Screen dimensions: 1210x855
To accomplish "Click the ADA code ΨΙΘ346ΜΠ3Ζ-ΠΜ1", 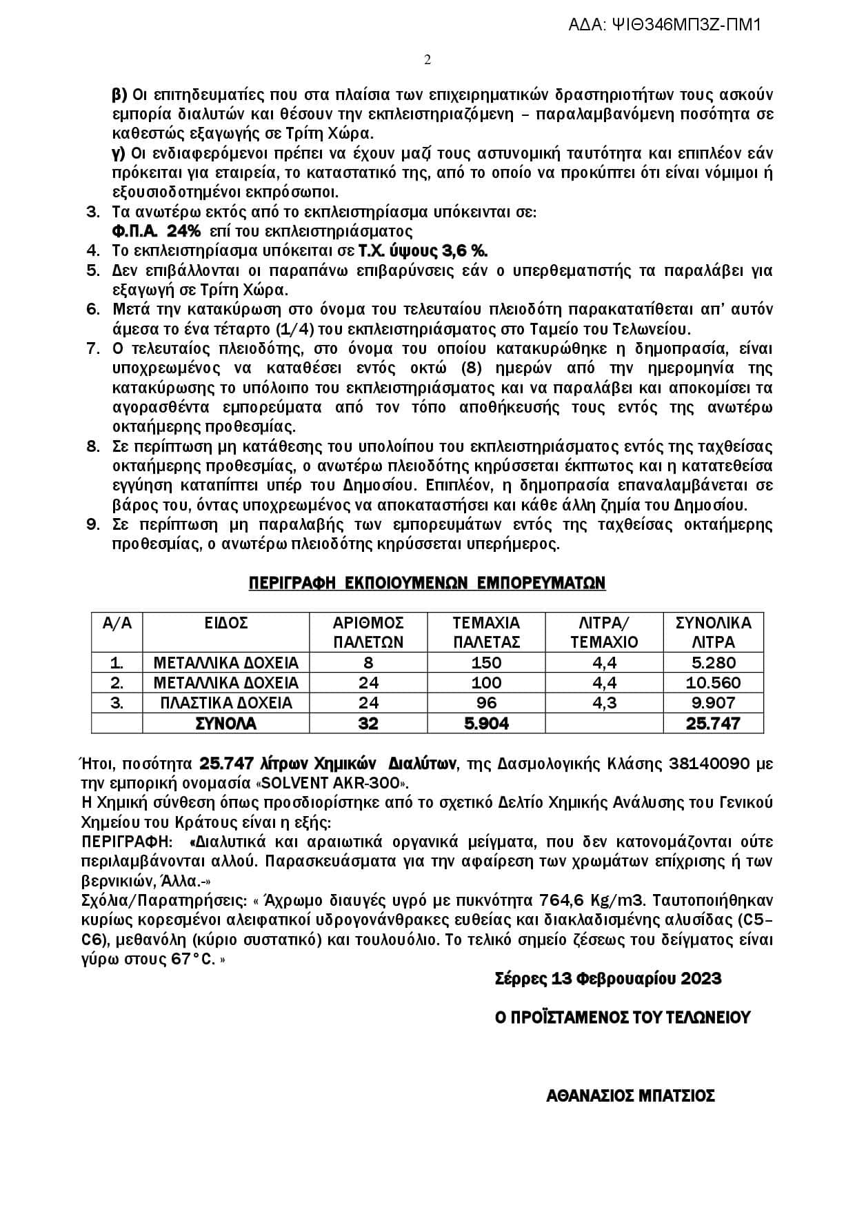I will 665,26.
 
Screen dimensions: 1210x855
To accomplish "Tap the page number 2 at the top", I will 428,60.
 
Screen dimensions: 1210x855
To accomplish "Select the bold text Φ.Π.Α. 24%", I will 156,231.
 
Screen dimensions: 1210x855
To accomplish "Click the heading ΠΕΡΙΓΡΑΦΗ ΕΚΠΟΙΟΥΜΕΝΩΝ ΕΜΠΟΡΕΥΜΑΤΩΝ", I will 427,583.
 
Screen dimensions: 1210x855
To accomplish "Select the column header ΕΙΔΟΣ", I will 225,623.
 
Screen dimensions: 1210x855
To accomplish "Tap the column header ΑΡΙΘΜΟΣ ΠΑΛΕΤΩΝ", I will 368,632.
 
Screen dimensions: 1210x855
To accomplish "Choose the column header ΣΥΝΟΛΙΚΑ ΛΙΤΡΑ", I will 713,632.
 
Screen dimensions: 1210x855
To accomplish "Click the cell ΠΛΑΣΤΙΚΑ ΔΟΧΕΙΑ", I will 225,702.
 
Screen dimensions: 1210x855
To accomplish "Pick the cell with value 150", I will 485,663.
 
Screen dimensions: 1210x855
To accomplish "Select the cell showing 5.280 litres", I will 713,663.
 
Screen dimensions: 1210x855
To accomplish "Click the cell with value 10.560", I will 713,683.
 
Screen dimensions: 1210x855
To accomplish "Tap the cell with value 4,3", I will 603,702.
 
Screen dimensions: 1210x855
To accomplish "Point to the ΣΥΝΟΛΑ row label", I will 225,723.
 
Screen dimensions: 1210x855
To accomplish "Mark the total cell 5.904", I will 485,723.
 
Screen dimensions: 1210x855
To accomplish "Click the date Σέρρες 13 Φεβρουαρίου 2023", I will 608,978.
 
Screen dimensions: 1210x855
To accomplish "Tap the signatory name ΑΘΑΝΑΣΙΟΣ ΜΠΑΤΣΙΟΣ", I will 630,1095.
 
